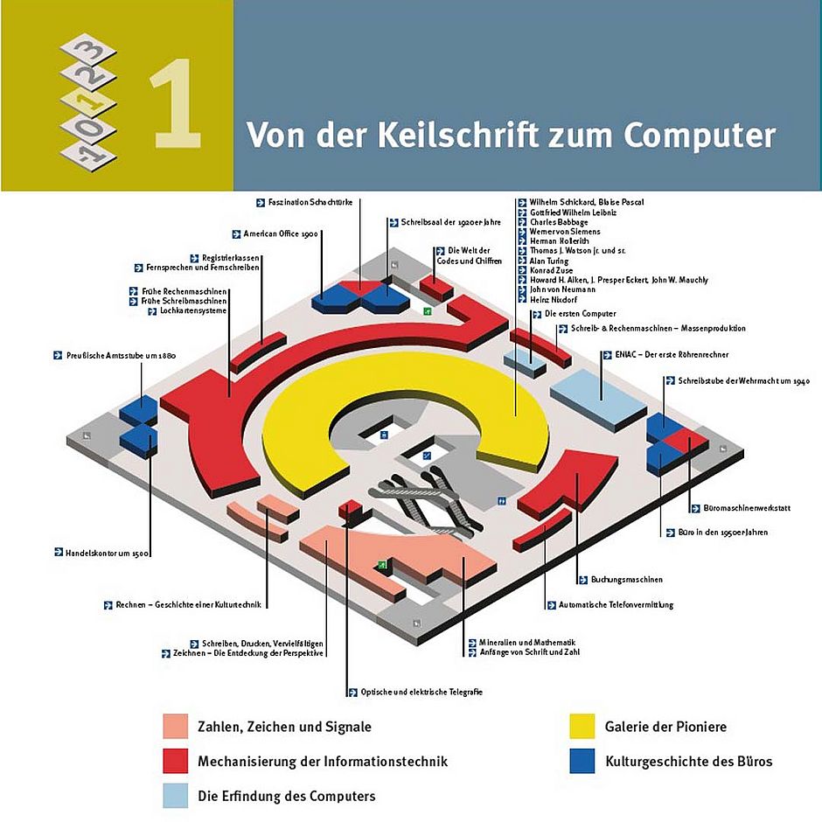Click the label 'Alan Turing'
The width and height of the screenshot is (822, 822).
tap(549, 261)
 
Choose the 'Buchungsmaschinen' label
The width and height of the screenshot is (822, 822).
tap(626, 579)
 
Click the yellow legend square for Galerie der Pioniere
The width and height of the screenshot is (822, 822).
tap(582, 727)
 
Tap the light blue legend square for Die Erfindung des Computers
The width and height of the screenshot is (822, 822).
tap(176, 796)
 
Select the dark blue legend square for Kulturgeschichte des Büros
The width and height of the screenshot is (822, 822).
tap(582, 761)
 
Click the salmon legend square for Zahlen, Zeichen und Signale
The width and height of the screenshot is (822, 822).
tap(176, 727)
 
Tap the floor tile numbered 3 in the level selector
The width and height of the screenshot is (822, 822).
tap(86, 51)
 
